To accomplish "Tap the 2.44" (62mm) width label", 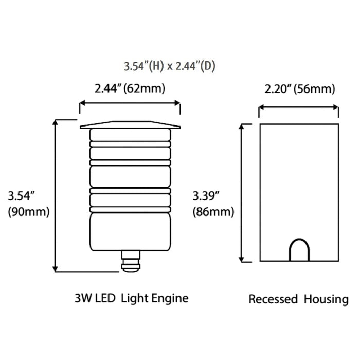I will (x=130, y=88).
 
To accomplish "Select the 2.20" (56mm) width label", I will (x=300, y=89).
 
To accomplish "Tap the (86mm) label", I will (x=213, y=211).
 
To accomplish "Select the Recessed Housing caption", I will (x=298, y=299).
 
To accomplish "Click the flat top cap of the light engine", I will (x=130, y=124).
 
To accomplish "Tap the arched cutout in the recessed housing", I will (x=299, y=250).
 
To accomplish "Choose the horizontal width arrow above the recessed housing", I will (x=298, y=108).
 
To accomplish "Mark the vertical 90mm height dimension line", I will (x=56, y=195).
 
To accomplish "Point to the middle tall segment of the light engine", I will (x=130, y=175).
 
